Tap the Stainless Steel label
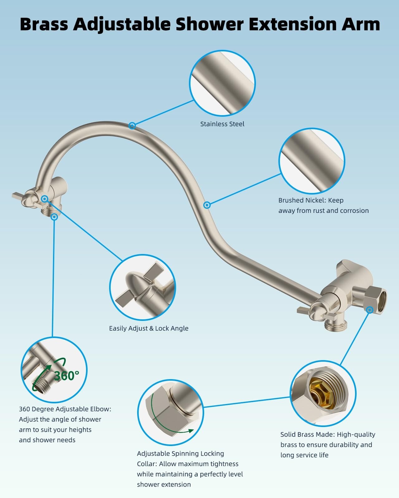(x=222, y=124)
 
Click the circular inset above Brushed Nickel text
(x=312, y=161)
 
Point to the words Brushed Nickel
(x=302, y=200)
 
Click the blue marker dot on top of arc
(x=132, y=125)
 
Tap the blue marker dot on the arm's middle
(x=207, y=205)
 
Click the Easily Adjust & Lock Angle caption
(x=149, y=328)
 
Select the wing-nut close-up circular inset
(x=142, y=287)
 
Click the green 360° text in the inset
(x=67, y=376)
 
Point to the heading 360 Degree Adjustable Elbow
(x=65, y=409)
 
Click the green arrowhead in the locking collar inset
(x=189, y=431)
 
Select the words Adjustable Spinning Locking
(x=180, y=453)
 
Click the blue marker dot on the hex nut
(x=370, y=310)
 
